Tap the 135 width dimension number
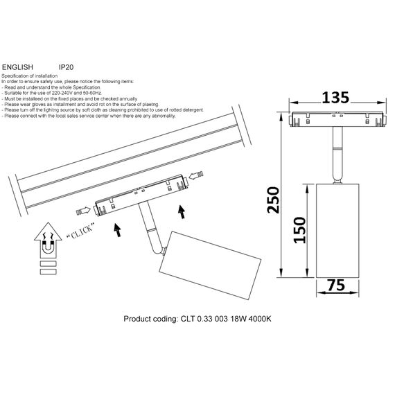pos(334,98)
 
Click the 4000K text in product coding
pos(256,320)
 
